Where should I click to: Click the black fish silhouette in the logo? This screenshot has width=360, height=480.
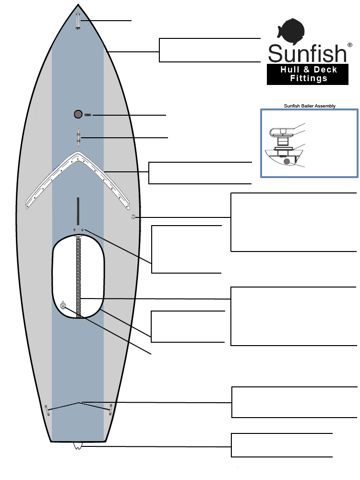tap(291, 31)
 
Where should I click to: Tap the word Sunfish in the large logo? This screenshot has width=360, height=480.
tap(307, 53)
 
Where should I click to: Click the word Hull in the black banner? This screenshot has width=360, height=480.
tap(289, 70)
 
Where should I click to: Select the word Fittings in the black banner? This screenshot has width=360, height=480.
tap(309, 78)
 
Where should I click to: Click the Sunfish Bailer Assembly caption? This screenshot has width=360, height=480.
tap(310, 106)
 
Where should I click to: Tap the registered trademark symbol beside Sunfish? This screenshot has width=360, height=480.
tap(349, 45)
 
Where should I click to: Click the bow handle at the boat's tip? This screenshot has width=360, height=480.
tap(78, 21)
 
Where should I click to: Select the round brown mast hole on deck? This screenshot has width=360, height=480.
tap(78, 114)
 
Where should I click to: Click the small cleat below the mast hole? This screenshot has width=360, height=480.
tap(79, 137)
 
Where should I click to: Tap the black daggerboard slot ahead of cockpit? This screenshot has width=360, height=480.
tap(78, 211)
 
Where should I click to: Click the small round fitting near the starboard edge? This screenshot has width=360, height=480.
tap(133, 217)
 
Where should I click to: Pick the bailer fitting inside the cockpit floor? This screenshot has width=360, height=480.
tap(63, 305)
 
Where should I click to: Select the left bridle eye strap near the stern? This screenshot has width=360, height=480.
tap(47, 410)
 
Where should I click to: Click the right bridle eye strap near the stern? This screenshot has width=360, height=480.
tap(110, 409)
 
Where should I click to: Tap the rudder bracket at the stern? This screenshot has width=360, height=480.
tap(78, 446)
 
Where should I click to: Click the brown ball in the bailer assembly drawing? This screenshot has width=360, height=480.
tap(287, 161)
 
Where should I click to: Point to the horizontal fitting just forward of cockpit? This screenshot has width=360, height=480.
tap(78, 230)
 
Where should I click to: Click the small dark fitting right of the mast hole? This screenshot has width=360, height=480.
tap(87, 115)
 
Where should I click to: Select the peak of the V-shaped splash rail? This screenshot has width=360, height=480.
tap(78, 154)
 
